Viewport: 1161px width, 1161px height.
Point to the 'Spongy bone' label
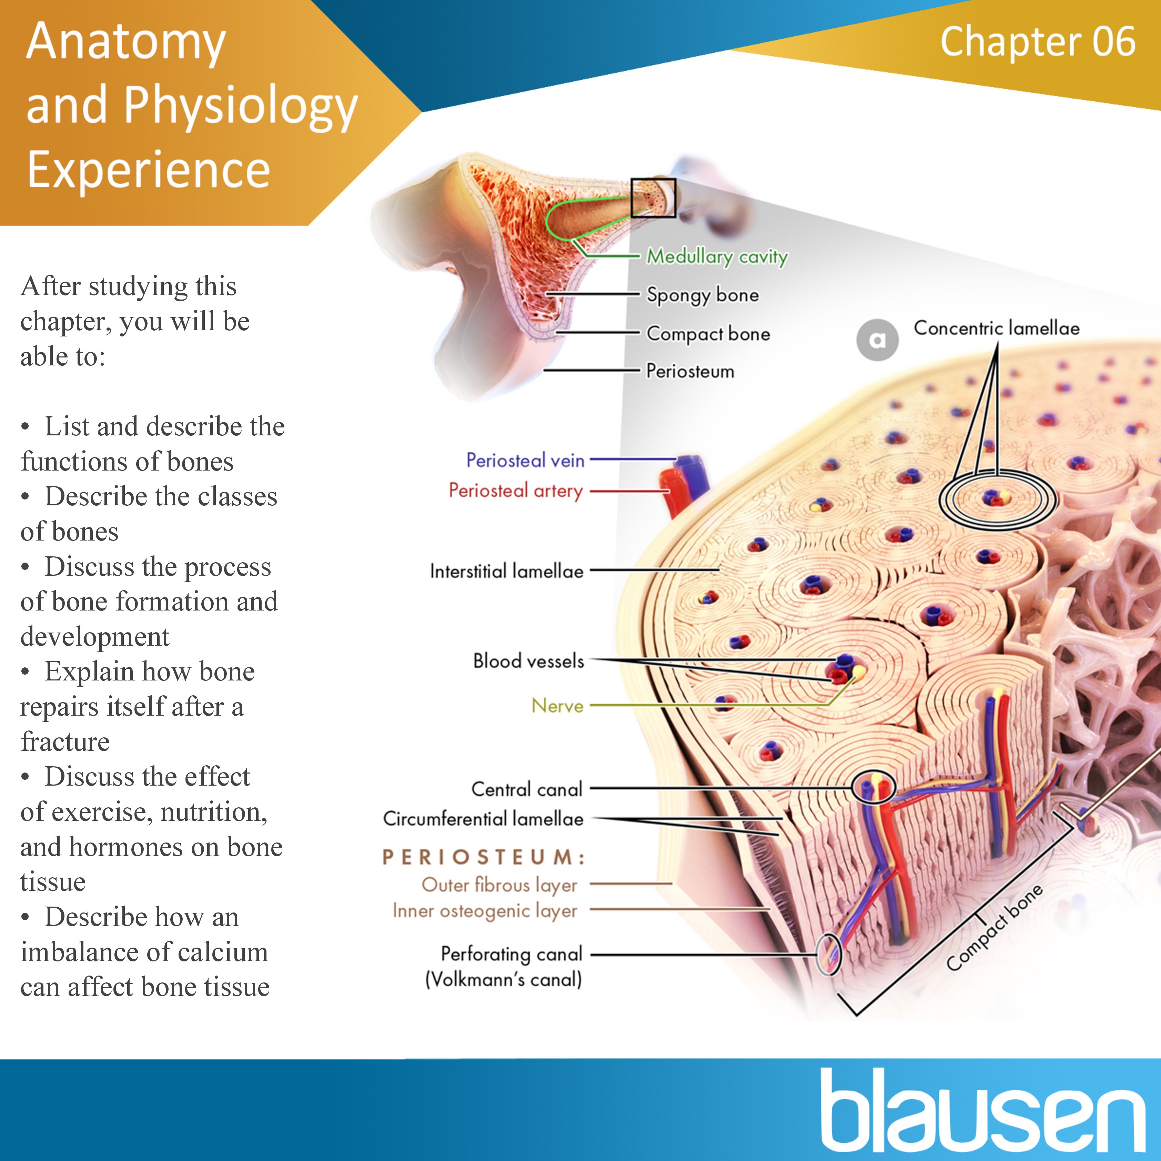tap(703, 295)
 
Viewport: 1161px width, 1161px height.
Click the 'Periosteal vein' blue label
tap(525, 460)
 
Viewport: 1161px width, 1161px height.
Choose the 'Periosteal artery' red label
tap(516, 491)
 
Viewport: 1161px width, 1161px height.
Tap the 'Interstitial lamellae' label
tap(507, 571)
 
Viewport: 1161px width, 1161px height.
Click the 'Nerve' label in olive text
tap(557, 706)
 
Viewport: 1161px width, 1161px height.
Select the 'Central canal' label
tap(526, 789)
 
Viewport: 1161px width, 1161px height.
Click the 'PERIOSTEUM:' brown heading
tap(484, 857)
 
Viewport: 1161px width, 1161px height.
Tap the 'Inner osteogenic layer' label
tap(484, 911)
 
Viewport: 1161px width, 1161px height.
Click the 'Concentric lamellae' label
tap(996, 328)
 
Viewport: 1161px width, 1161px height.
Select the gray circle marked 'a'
tap(877, 340)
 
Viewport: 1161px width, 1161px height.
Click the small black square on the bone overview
tap(653, 198)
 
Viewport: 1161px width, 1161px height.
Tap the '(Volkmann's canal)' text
tap(504, 980)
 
